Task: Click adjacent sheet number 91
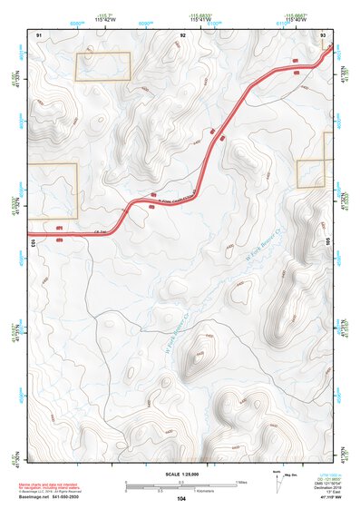click(38, 34)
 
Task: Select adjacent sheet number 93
click(324, 34)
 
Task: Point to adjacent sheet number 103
click(32, 242)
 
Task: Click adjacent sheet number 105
click(328, 242)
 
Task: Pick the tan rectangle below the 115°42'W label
click(102, 66)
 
